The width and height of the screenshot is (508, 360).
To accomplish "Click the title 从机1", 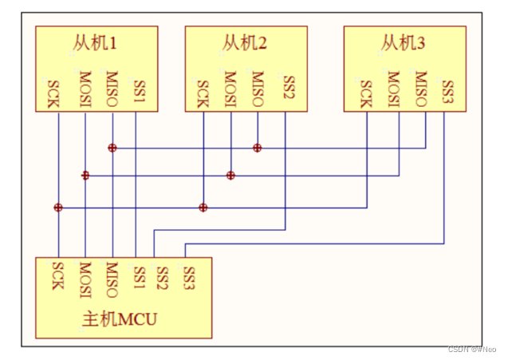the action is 94,43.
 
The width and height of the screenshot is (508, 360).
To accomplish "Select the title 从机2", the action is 244,43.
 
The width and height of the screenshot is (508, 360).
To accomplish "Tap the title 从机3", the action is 403,43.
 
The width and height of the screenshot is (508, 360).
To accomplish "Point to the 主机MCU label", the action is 120,318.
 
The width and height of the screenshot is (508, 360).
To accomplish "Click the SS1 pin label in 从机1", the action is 140,92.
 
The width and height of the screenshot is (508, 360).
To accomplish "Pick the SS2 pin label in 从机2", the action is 289,86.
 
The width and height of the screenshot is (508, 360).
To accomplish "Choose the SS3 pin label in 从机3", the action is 447,92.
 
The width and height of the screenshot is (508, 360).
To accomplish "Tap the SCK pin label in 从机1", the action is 53,94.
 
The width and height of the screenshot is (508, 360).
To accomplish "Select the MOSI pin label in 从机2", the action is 230,89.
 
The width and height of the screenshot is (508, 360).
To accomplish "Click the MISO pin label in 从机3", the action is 421,89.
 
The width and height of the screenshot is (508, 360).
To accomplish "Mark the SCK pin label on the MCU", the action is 57,275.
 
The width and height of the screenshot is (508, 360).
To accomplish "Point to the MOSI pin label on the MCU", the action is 85,280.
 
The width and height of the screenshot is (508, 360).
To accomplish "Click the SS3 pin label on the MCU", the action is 188,278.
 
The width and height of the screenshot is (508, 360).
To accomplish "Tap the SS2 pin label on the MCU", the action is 162,278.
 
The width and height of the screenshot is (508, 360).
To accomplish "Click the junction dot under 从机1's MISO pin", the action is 112,148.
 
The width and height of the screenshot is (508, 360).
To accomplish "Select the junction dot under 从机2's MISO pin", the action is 258,148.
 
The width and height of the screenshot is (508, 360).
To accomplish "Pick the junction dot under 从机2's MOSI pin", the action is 230,176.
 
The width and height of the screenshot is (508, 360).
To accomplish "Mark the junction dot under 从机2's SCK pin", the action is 203,208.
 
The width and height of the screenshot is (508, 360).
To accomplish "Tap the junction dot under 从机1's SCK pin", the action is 58,208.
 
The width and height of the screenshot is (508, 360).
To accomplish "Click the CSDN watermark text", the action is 472,349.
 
